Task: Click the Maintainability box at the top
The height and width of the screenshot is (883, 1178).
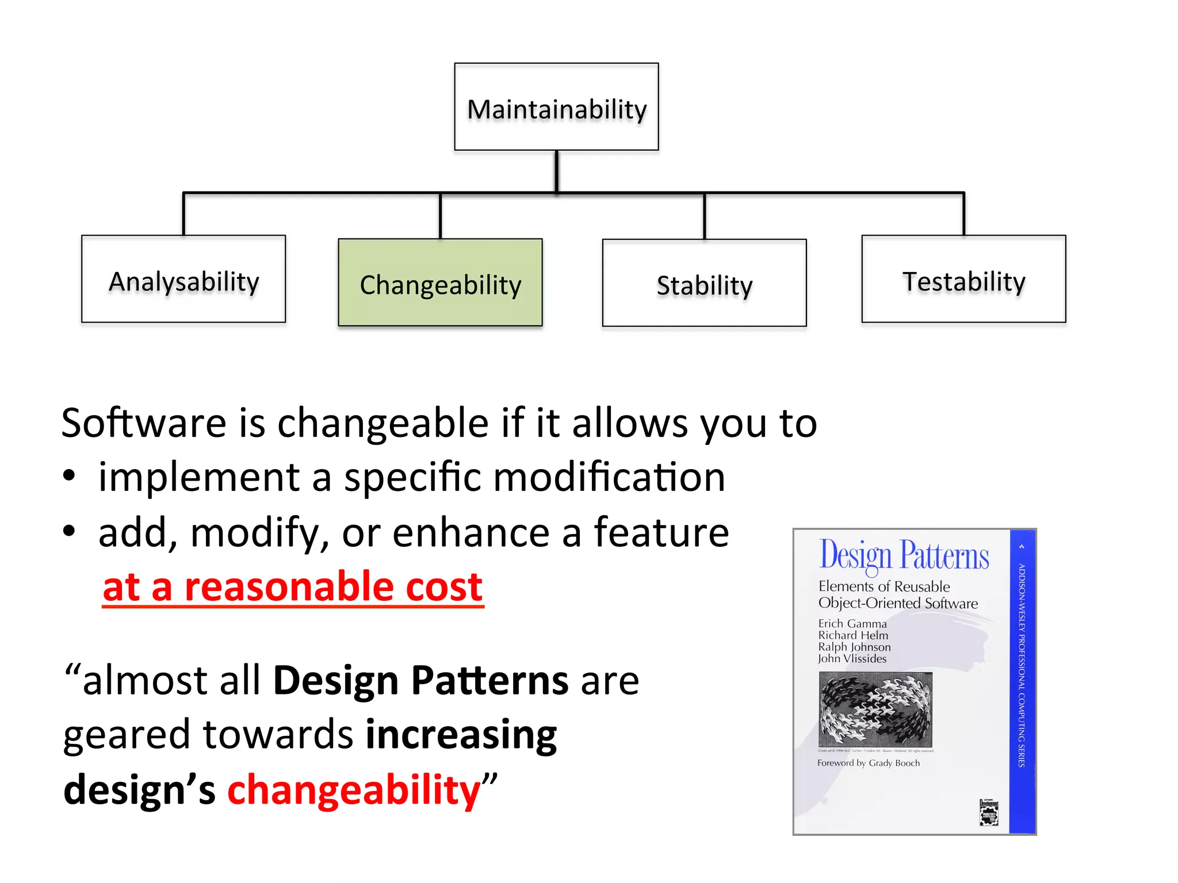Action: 556,108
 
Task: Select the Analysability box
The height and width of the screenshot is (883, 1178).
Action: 183,279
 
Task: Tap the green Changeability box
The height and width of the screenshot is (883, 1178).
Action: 440,283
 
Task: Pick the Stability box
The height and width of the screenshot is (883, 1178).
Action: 704,283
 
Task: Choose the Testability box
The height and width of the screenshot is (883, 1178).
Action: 963,279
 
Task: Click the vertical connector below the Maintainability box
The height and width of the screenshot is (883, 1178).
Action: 556,171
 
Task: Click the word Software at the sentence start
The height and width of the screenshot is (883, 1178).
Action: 144,424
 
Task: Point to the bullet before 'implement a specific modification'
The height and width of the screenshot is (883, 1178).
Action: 69,476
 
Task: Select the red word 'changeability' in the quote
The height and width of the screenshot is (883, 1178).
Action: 354,790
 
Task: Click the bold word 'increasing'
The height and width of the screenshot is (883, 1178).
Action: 461,735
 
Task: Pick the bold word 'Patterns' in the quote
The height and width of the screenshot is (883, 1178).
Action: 490,681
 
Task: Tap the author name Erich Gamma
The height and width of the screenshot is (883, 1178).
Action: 852,624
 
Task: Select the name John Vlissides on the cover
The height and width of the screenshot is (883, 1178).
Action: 852,659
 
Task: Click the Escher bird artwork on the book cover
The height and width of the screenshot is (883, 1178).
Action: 875,710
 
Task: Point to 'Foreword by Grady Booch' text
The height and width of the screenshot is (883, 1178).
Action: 868,763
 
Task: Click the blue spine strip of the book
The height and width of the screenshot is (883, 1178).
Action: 1022,681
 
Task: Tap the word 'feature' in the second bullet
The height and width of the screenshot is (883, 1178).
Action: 661,532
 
